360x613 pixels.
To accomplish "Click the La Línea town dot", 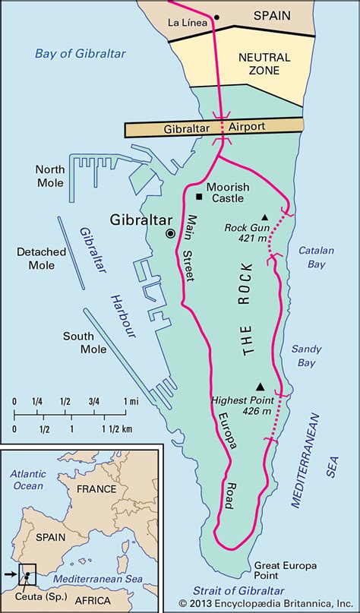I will pyautogui.click(x=216, y=17).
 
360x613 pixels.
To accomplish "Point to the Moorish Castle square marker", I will pyautogui.click(x=199, y=196).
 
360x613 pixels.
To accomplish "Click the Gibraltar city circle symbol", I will pyautogui.click(x=170, y=233).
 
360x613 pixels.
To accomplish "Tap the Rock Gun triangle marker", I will pyautogui.click(x=265, y=216).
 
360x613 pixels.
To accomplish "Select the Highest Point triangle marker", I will pyautogui.click(x=261, y=386).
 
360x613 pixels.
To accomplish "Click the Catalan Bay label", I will pyautogui.click(x=312, y=257).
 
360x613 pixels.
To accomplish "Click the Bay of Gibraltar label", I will pyautogui.click(x=80, y=54).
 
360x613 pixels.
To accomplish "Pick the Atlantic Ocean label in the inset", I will pyautogui.click(x=27, y=479).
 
